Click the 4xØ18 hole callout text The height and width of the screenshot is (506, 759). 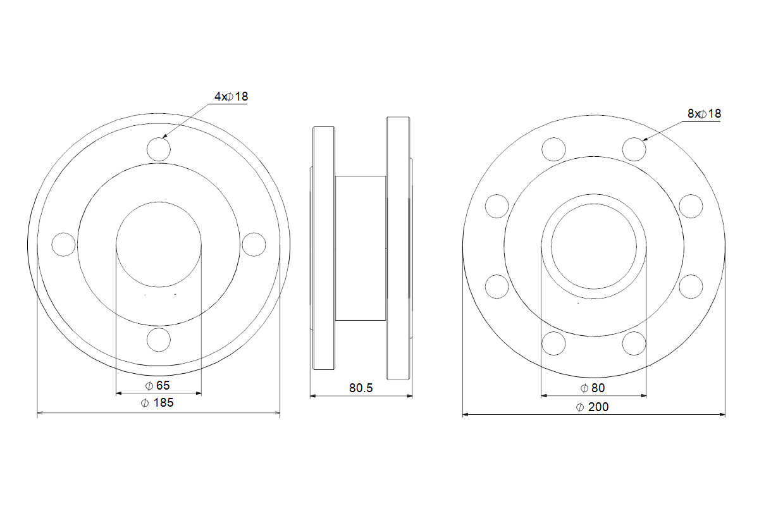pos(231,97)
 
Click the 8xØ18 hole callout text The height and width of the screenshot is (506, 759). pos(704,114)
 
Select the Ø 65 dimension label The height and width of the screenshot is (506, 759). pos(157,385)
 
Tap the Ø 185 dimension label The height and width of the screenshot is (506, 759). pos(157,403)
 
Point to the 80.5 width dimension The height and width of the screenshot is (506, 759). pos(361,388)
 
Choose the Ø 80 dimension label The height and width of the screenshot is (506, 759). pos(593,388)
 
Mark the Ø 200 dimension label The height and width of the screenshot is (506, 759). pos(592,407)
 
